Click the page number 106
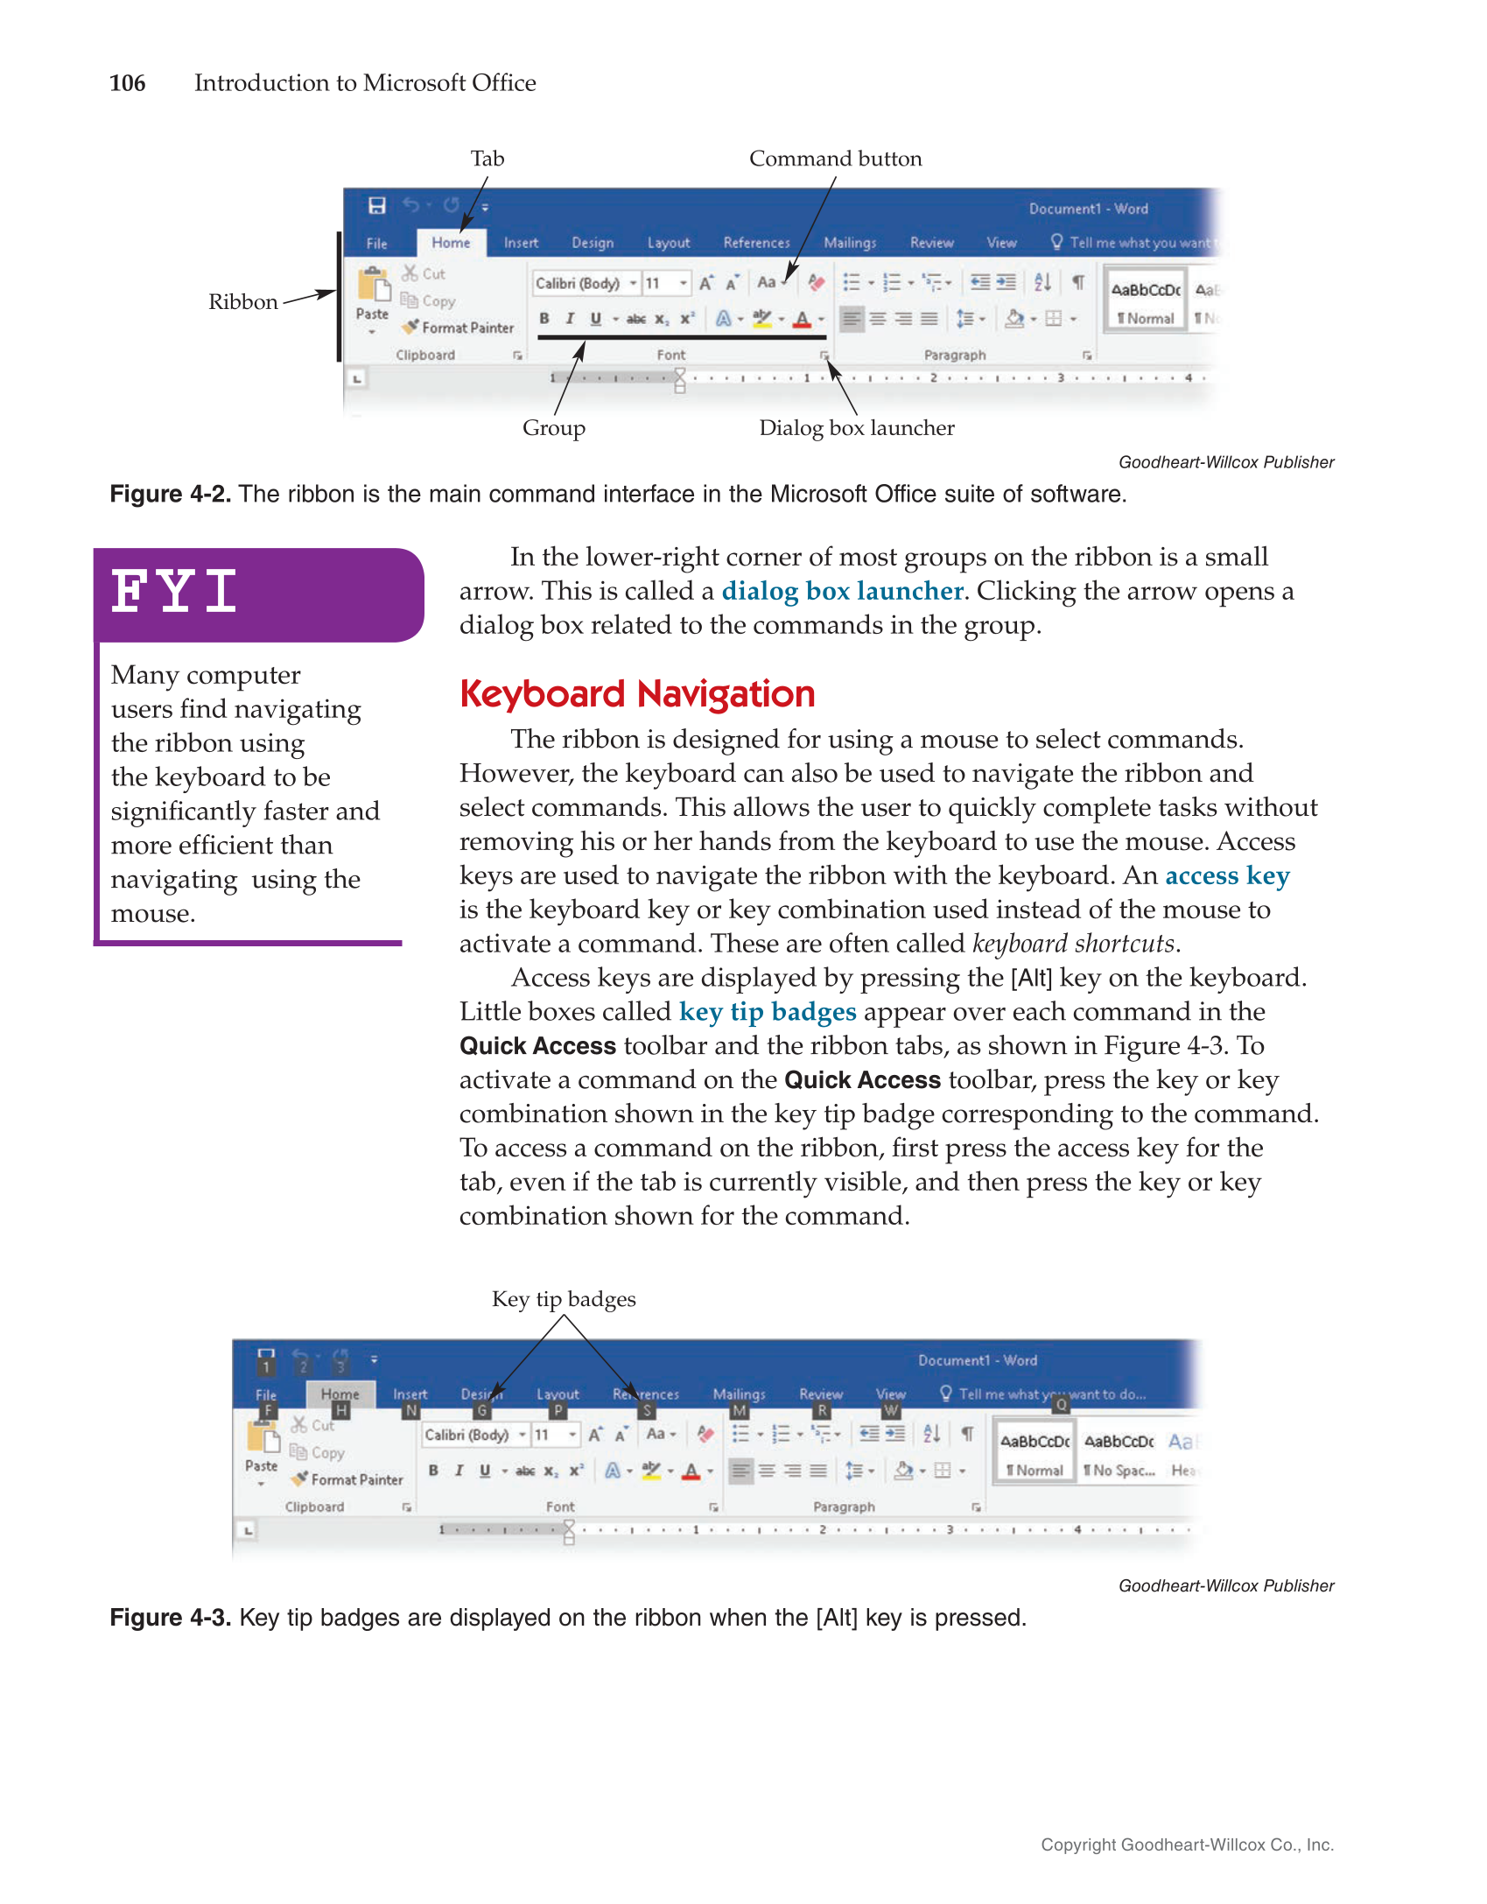[x=127, y=83]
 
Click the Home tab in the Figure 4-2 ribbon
[x=451, y=242]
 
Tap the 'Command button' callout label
[x=835, y=158]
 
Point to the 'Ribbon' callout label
[x=242, y=302]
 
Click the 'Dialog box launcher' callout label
[x=856, y=428]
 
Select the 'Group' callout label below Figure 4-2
[x=553, y=428]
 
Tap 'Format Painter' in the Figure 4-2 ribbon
[x=466, y=327]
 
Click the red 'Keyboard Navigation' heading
[x=637, y=694]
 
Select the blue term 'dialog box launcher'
[x=842, y=591]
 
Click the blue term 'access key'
[x=1227, y=875]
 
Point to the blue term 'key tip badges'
[x=768, y=1012]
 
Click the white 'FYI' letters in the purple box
[x=174, y=591]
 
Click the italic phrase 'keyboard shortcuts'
[x=1073, y=944]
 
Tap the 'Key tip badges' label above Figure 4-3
[x=564, y=1299]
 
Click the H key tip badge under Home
[x=340, y=1410]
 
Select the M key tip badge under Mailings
[x=740, y=1410]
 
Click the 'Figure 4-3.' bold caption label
[x=170, y=1618]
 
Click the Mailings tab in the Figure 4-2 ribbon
[x=849, y=242]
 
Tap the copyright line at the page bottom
[x=1187, y=1844]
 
